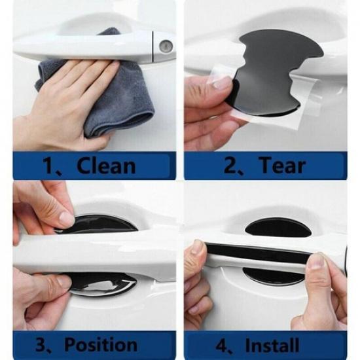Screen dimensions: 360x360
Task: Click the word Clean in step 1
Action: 106,165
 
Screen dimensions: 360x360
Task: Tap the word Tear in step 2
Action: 282,165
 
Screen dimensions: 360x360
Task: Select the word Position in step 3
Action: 101,344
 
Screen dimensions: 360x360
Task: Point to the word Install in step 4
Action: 272,344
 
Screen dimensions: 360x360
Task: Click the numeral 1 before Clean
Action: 48,166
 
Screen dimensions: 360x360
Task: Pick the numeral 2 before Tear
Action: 230,165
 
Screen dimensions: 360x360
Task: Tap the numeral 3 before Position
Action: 41,344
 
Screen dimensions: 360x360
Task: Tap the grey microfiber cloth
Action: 110,92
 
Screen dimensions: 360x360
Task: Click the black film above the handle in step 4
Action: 278,228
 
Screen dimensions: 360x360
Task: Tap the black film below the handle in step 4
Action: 273,276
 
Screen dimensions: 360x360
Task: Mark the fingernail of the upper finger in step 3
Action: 67,219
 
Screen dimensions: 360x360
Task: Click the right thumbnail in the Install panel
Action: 316,261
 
